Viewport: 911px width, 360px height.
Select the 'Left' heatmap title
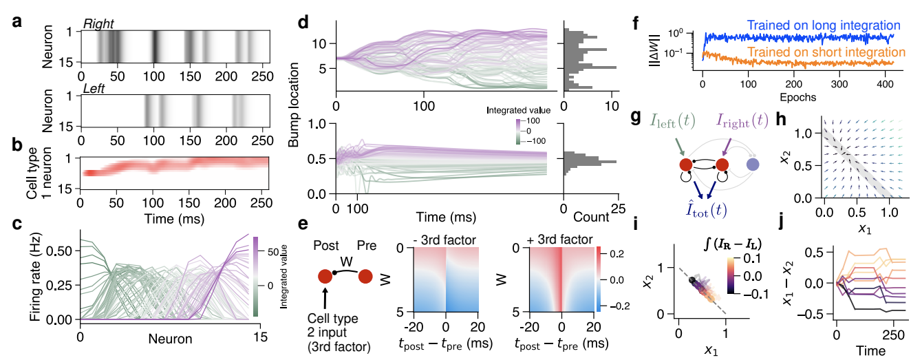[94, 88]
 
